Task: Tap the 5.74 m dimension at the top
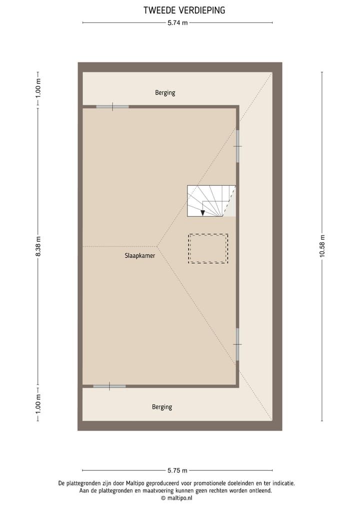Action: [177, 22]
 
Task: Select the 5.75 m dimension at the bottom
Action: [177, 471]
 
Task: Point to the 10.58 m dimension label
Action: [322, 246]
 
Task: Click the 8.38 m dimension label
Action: [38, 246]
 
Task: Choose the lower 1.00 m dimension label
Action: [38, 404]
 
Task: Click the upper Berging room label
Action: [165, 92]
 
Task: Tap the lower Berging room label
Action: [162, 407]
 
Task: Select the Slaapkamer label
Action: [139, 255]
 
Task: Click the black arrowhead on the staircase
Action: [202, 213]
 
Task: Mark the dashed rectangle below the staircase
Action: [208, 248]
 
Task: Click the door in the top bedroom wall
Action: [112, 106]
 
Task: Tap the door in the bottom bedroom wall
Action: [109, 386]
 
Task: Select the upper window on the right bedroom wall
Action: [238, 146]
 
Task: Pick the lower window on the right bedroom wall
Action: [238, 344]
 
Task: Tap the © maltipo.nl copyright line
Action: [176, 498]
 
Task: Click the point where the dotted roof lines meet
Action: [157, 246]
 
